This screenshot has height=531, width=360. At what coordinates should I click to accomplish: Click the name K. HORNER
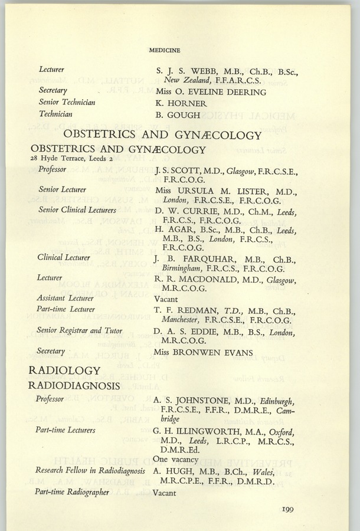click(x=181, y=103)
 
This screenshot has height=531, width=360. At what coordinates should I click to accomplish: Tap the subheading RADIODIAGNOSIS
click(x=74, y=385)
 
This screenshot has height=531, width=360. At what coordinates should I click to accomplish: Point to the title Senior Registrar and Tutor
click(x=80, y=330)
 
